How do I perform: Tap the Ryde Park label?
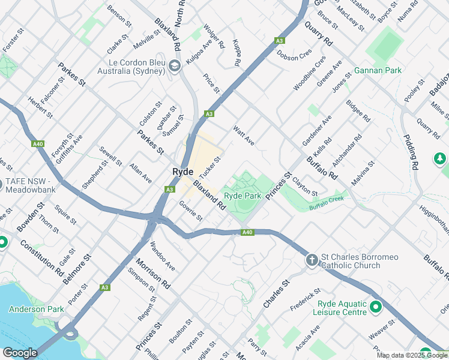(x=243, y=196)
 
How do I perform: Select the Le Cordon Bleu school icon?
(x=175, y=66)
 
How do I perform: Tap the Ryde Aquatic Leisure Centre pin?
(x=376, y=308)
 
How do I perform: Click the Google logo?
(x=19, y=353)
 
